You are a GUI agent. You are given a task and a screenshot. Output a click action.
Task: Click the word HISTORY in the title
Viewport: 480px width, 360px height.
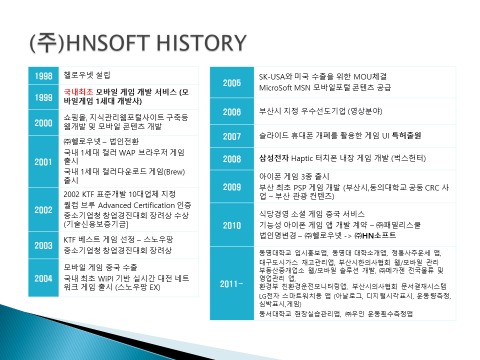tap(201, 42)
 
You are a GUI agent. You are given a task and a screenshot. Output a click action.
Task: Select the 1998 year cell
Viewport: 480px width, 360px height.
tap(43, 75)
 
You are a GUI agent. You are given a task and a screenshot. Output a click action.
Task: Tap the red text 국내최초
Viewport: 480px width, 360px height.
tap(78, 92)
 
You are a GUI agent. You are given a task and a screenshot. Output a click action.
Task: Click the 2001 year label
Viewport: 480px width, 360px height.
tap(43, 161)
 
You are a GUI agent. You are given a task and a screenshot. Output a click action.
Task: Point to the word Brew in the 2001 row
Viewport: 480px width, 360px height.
tap(175, 171)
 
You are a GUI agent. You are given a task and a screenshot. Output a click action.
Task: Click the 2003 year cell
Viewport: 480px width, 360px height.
tap(43, 245)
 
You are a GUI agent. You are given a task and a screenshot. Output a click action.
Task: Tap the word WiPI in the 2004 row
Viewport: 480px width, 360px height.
tap(105, 278)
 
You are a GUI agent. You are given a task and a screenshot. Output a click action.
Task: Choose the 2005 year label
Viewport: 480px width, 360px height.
tap(231, 82)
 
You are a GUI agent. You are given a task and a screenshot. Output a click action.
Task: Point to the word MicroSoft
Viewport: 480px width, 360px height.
tap(275, 88)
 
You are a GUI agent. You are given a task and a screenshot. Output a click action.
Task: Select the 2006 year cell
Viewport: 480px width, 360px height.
tap(232, 111)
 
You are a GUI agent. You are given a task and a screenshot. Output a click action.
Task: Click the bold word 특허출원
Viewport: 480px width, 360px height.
tap(406, 135)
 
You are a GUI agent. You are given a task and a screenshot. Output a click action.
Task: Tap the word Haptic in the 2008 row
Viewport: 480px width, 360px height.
tap(302, 158)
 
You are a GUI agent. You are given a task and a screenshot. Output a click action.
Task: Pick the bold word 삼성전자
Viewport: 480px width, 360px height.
tap(273, 158)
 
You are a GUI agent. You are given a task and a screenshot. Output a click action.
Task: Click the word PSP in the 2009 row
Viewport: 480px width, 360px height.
tap(300, 187)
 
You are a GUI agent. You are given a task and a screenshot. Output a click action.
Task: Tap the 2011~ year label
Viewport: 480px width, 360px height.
tap(231, 284)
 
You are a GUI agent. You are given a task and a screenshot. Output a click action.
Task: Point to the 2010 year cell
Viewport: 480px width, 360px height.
tap(232, 225)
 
